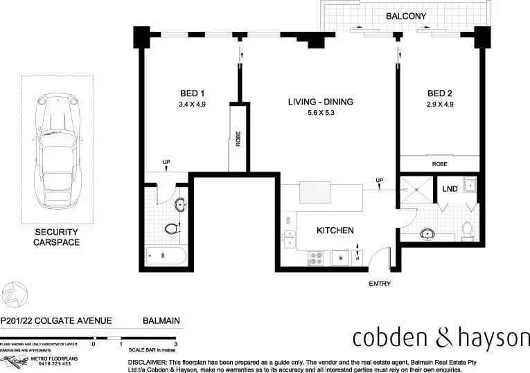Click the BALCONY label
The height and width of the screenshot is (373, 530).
point(406,16)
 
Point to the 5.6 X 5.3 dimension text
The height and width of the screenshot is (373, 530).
point(321,113)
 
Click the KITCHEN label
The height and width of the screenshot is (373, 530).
point(335,230)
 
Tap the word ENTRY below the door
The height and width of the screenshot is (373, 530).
point(380,284)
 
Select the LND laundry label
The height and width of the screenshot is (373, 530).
point(450,188)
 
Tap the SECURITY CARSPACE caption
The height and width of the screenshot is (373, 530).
point(58,237)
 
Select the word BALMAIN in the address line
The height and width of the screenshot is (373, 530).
point(161,321)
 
